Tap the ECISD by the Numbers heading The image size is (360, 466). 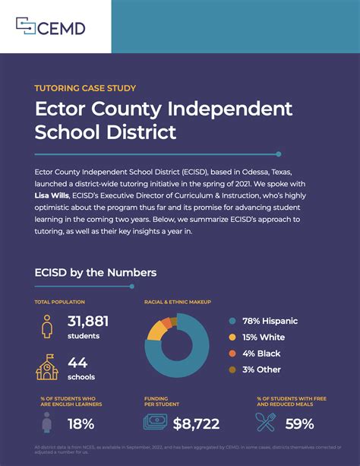[x=96, y=271]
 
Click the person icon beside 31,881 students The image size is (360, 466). [x=47, y=327]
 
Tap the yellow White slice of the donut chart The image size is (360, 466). [x=156, y=328]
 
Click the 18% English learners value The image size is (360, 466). [x=81, y=423]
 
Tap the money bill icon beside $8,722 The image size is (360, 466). [x=155, y=423]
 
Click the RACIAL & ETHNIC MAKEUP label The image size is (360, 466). [x=178, y=303]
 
